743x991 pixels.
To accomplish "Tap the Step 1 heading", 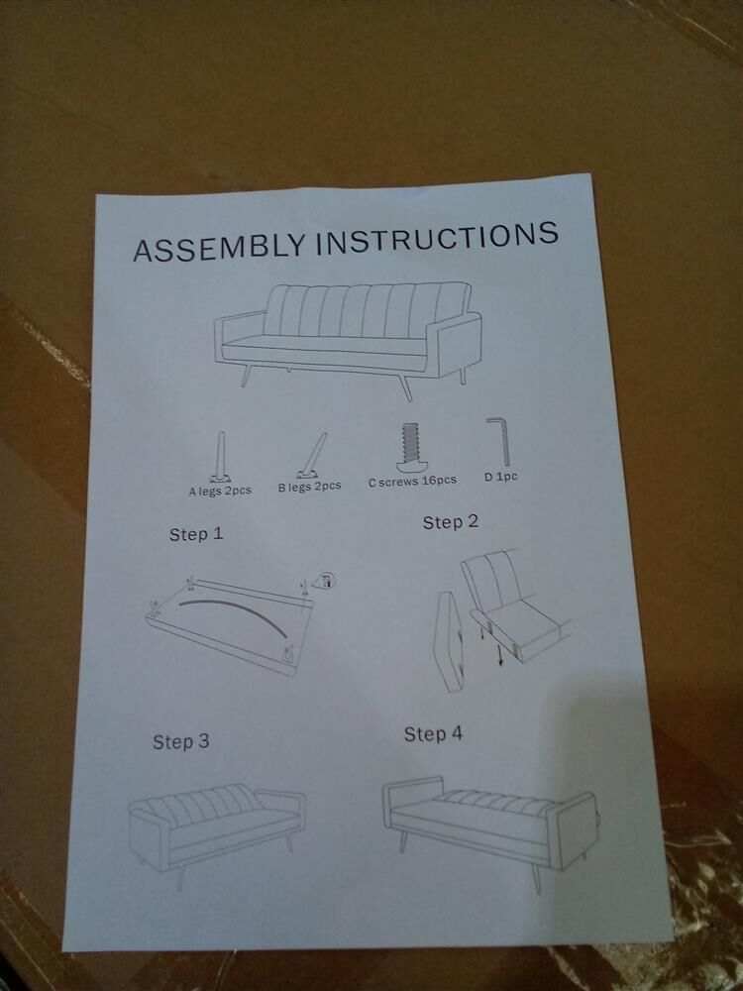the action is (x=196, y=534).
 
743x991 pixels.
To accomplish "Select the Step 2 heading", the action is (x=451, y=522).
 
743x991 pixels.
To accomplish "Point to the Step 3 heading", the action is (x=180, y=741).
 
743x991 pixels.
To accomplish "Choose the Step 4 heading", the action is (x=434, y=733).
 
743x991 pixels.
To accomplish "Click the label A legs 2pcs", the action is (x=220, y=491).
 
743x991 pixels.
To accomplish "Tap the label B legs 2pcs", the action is (x=309, y=487).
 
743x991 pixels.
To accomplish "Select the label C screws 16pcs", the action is (x=412, y=481).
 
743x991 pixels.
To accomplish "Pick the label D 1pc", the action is (x=501, y=477).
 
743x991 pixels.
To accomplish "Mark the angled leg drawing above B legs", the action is (x=312, y=455).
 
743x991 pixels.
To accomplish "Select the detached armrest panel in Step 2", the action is (x=450, y=641).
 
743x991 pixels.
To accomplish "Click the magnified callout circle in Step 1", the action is (x=327, y=580).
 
